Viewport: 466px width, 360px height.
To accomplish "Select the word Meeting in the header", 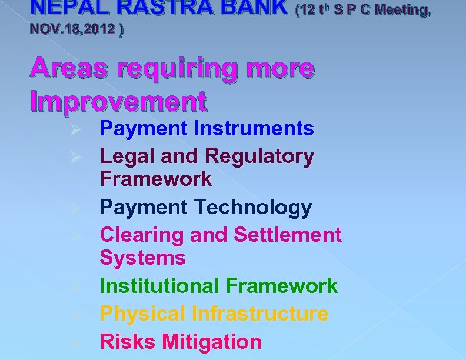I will point(402,10).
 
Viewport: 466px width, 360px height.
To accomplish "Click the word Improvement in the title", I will point(118,102).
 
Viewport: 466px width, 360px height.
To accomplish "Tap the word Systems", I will point(142,258).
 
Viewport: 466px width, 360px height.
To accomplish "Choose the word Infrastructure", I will point(259,314).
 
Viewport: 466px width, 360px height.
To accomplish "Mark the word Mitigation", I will point(211,341).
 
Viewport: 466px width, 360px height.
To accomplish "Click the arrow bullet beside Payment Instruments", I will point(75,129).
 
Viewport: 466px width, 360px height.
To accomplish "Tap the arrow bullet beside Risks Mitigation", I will point(75,342).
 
